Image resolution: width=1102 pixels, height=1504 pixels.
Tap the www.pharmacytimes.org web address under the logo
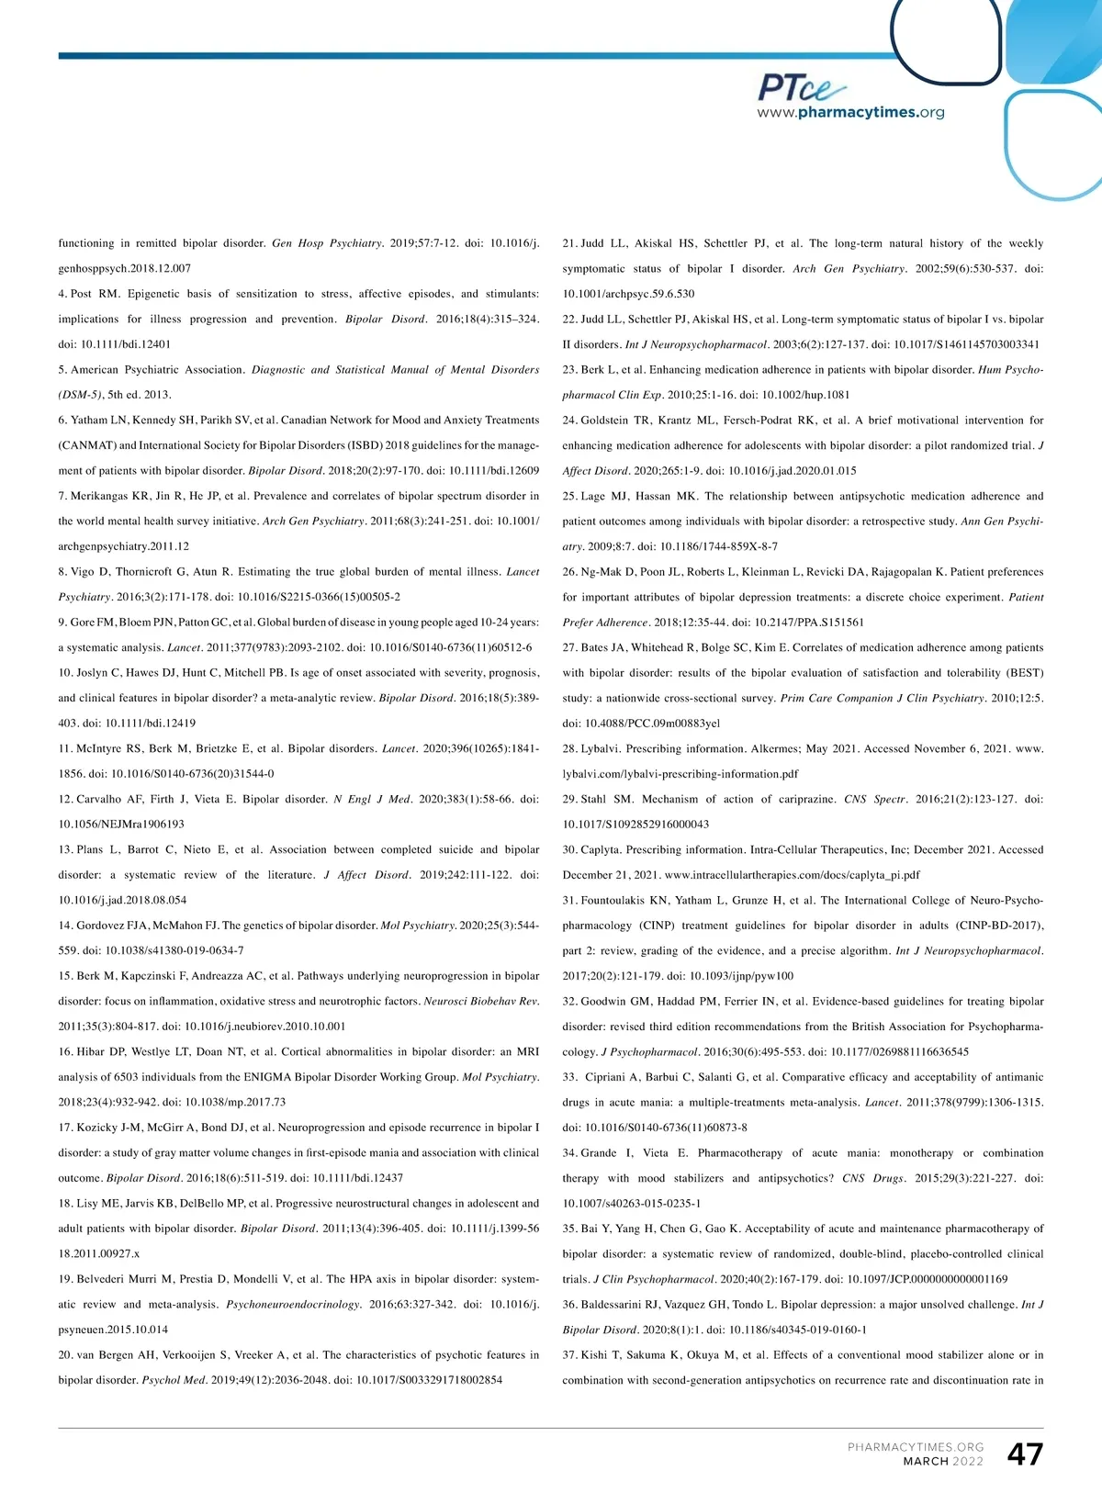[850, 113]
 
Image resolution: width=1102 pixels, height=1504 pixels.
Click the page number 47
[1025, 1454]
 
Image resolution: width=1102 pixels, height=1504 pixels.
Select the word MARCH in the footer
[926, 1462]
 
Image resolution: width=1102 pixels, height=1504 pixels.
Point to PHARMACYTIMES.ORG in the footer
[916, 1447]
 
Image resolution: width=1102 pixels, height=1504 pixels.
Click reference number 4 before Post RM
[62, 294]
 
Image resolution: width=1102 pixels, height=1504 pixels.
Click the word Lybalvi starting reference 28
[600, 748]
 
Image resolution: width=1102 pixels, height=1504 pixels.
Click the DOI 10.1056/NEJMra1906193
[121, 825]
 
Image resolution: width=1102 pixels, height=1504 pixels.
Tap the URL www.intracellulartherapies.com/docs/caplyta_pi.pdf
[792, 875]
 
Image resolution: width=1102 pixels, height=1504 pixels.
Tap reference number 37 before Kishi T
[569, 1354]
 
